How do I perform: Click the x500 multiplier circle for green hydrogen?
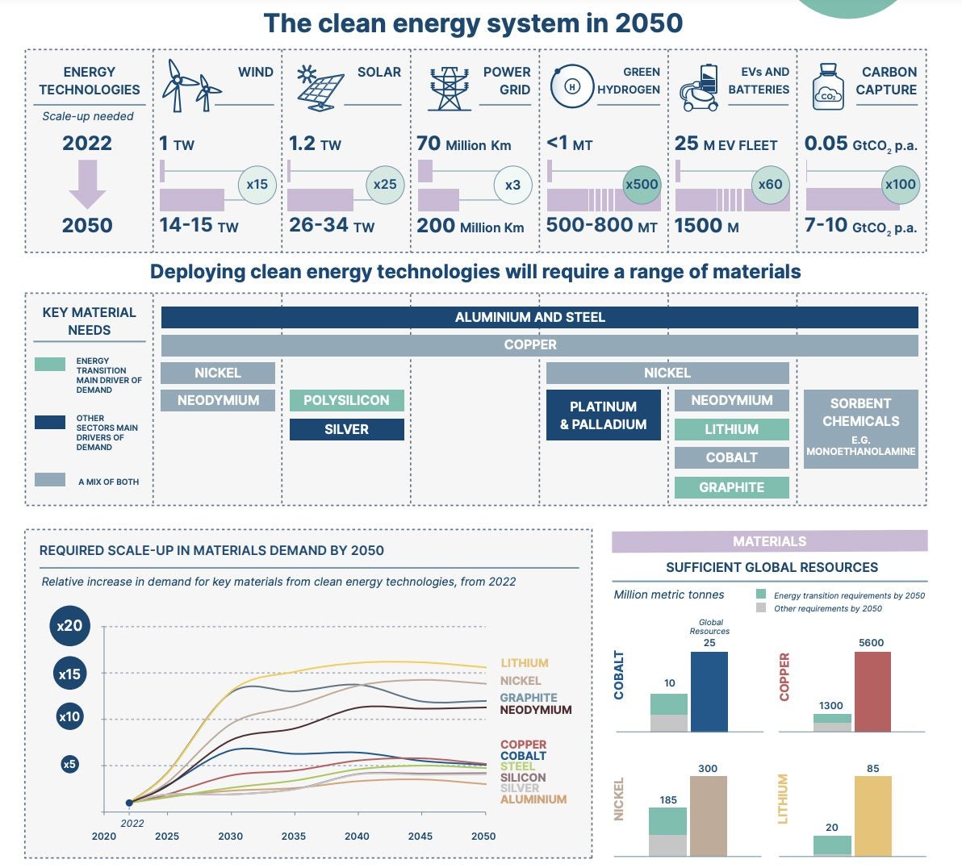(x=642, y=185)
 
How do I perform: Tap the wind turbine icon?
(x=191, y=86)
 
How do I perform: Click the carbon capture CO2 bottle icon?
(x=827, y=87)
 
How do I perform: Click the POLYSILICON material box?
(x=346, y=400)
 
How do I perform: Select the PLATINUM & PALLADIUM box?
(x=603, y=415)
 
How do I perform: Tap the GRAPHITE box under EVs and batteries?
(x=731, y=487)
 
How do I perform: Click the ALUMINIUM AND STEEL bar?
(x=539, y=317)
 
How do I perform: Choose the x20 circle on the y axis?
(x=69, y=625)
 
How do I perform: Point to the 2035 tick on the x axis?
(x=294, y=836)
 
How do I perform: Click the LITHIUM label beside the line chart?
(x=525, y=663)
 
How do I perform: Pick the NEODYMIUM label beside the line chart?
(x=536, y=710)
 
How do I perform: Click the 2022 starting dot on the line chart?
(x=129, y=803)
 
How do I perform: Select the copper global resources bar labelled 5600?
(x=872, y=691)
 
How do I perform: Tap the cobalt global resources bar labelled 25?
(x=709, y=691)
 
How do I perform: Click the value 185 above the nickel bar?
(x=668, y=799)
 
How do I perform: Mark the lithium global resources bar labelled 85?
(x=872, y=816)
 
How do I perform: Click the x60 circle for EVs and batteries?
(x=770, y=185)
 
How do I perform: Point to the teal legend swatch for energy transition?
(x=50, y=365)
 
